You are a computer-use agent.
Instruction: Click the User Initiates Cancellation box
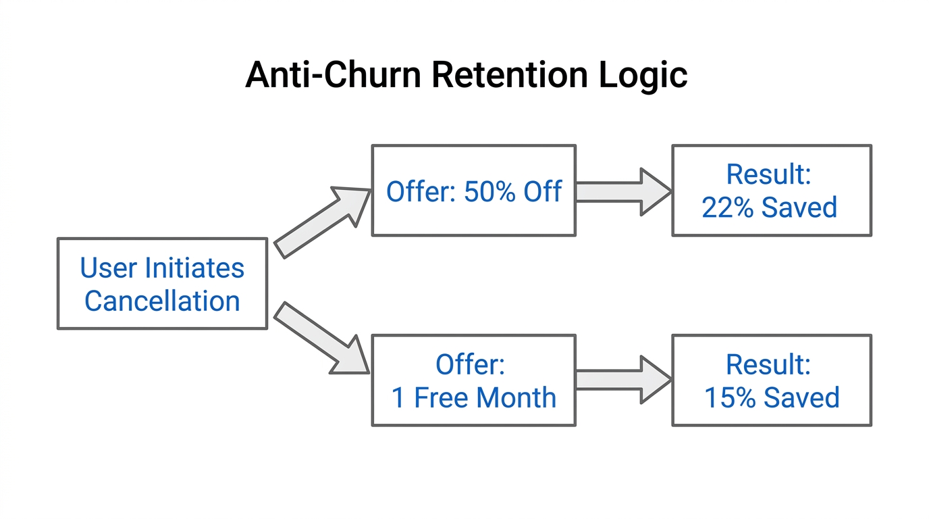coord(162,284)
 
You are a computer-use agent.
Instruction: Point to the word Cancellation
coord(162,301)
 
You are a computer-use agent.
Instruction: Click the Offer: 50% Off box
coord(473,191)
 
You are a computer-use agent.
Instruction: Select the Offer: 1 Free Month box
coord(473,380)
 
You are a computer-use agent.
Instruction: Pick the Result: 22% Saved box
coord(771,191)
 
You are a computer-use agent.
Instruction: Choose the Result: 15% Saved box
coord(771,380)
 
